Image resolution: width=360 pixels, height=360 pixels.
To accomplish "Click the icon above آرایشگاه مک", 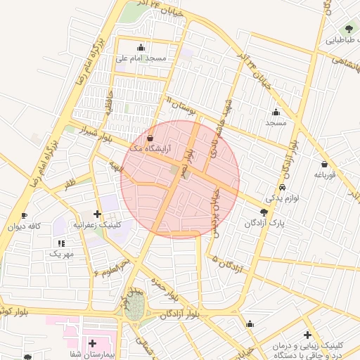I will (x=150, y=139).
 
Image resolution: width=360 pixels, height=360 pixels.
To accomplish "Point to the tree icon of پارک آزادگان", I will (x=264, y=212).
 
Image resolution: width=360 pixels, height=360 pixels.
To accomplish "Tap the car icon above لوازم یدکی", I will (x=282, y=188).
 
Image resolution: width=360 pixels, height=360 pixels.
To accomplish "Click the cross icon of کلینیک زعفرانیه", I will (x=97, y=214).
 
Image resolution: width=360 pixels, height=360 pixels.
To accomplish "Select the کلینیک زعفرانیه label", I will (x=97, y=225).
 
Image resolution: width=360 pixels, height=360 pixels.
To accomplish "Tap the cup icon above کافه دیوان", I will (x=25, y=216).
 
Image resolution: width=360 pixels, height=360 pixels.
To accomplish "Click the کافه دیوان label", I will (x=25, y=226).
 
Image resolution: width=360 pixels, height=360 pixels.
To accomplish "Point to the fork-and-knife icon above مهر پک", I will (x=62, y=242).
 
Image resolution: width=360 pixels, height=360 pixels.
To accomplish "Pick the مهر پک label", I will (x=62, y=252).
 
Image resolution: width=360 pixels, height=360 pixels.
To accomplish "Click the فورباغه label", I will (x=326, y=174).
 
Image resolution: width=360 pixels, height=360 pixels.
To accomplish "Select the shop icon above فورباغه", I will (x=324, y=164).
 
